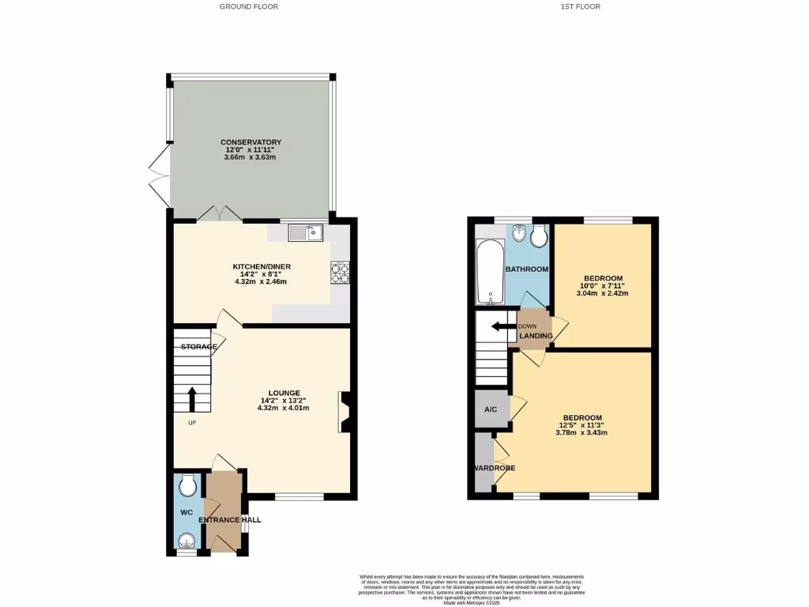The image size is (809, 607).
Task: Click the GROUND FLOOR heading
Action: [x=249, y=6]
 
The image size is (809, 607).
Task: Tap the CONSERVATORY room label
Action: [x=250, y=142]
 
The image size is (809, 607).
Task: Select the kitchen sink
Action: [x=305, y=232]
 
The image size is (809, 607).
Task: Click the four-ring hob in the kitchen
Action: [x=340, y=273]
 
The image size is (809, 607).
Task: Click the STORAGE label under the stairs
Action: [x=198, y=347]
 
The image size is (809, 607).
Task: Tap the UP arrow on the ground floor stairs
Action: [x=191, y=399]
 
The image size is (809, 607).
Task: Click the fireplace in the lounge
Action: [x=345, y=413]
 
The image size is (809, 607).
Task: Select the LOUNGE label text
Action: [x=284, y=393]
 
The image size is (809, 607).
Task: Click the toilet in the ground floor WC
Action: [x=187, y=484]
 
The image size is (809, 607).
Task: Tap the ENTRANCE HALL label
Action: [x=229, y=520]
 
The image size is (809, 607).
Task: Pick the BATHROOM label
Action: [x=527, y=270]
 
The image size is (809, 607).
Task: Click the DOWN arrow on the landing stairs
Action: [x=499, y=326]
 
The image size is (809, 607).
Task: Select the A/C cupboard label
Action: [x=491, y=409]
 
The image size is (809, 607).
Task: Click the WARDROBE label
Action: [x=495, y=468]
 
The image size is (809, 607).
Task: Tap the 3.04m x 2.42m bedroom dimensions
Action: [x=603, y=293]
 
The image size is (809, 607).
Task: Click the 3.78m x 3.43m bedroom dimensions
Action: [x=582, y=433]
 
